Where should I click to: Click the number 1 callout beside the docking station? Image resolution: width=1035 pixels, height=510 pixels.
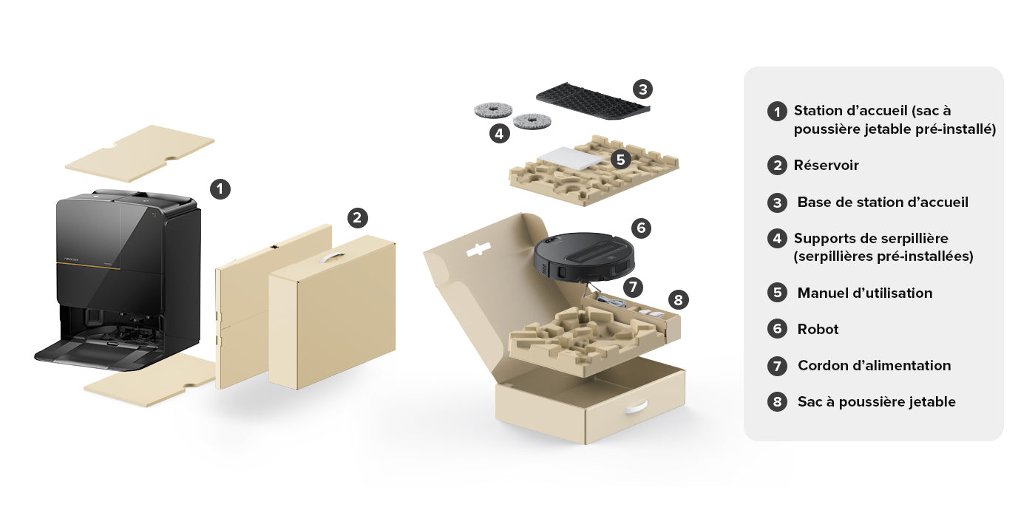coord(220,189)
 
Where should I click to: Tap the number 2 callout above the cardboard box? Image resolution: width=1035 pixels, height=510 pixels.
coord(358,218)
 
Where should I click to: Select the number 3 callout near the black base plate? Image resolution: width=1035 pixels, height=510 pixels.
coord(642,89)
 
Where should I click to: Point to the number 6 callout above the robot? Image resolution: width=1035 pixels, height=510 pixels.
coord(642,228)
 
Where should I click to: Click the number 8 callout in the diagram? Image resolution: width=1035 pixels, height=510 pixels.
coord(679,300)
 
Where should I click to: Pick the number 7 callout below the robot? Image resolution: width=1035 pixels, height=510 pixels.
coord(633,288)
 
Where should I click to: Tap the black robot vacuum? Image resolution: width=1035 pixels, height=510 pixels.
coord(584,256)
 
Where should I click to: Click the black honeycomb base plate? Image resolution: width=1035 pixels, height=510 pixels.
coord(593,101)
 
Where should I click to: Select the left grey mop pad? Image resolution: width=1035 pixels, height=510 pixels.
coord(494,110)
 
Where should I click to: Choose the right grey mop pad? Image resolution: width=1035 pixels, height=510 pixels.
coord(532,121)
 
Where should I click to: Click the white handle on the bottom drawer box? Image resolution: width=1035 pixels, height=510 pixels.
coord(636,407)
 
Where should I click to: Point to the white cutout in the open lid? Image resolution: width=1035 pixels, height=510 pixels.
coord(478,250)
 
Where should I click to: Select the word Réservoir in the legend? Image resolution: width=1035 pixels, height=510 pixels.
coord(827,166)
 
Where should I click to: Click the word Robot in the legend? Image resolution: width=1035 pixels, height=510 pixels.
coord(818,330)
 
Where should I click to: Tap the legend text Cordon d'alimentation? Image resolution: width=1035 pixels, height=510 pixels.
coord(874,365)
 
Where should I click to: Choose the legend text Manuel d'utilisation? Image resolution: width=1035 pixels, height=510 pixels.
coord(865,293)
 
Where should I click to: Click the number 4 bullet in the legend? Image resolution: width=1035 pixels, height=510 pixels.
coord(777,238)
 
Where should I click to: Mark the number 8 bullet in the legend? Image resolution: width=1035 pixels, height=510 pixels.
coord(777,402)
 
